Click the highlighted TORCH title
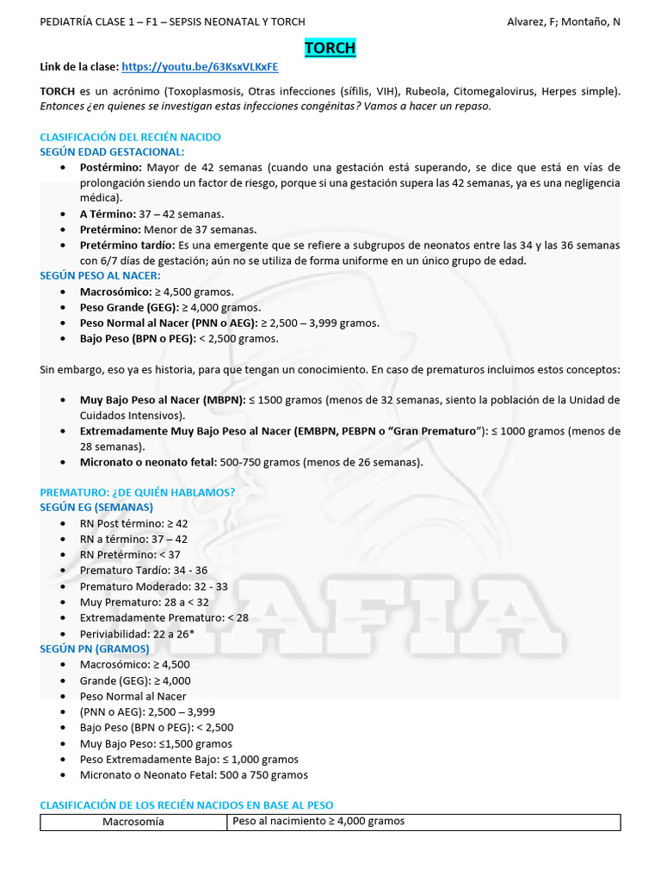tap(330, 48)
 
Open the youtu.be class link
tap(200, 67)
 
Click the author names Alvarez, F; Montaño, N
tap(563, 22)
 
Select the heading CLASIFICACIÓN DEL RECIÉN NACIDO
tap(130, 137)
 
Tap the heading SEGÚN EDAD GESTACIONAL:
tap(112, 151)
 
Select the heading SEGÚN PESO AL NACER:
tap(100, 275)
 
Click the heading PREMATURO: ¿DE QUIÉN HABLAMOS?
tap(137, 492)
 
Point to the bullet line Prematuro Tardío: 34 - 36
tap(143, 570)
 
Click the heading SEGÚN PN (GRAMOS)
tap(95, 649)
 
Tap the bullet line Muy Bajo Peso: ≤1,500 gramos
tap(156, 743)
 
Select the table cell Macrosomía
tap(133, 822)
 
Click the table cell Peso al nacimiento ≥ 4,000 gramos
tap(318, 822)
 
